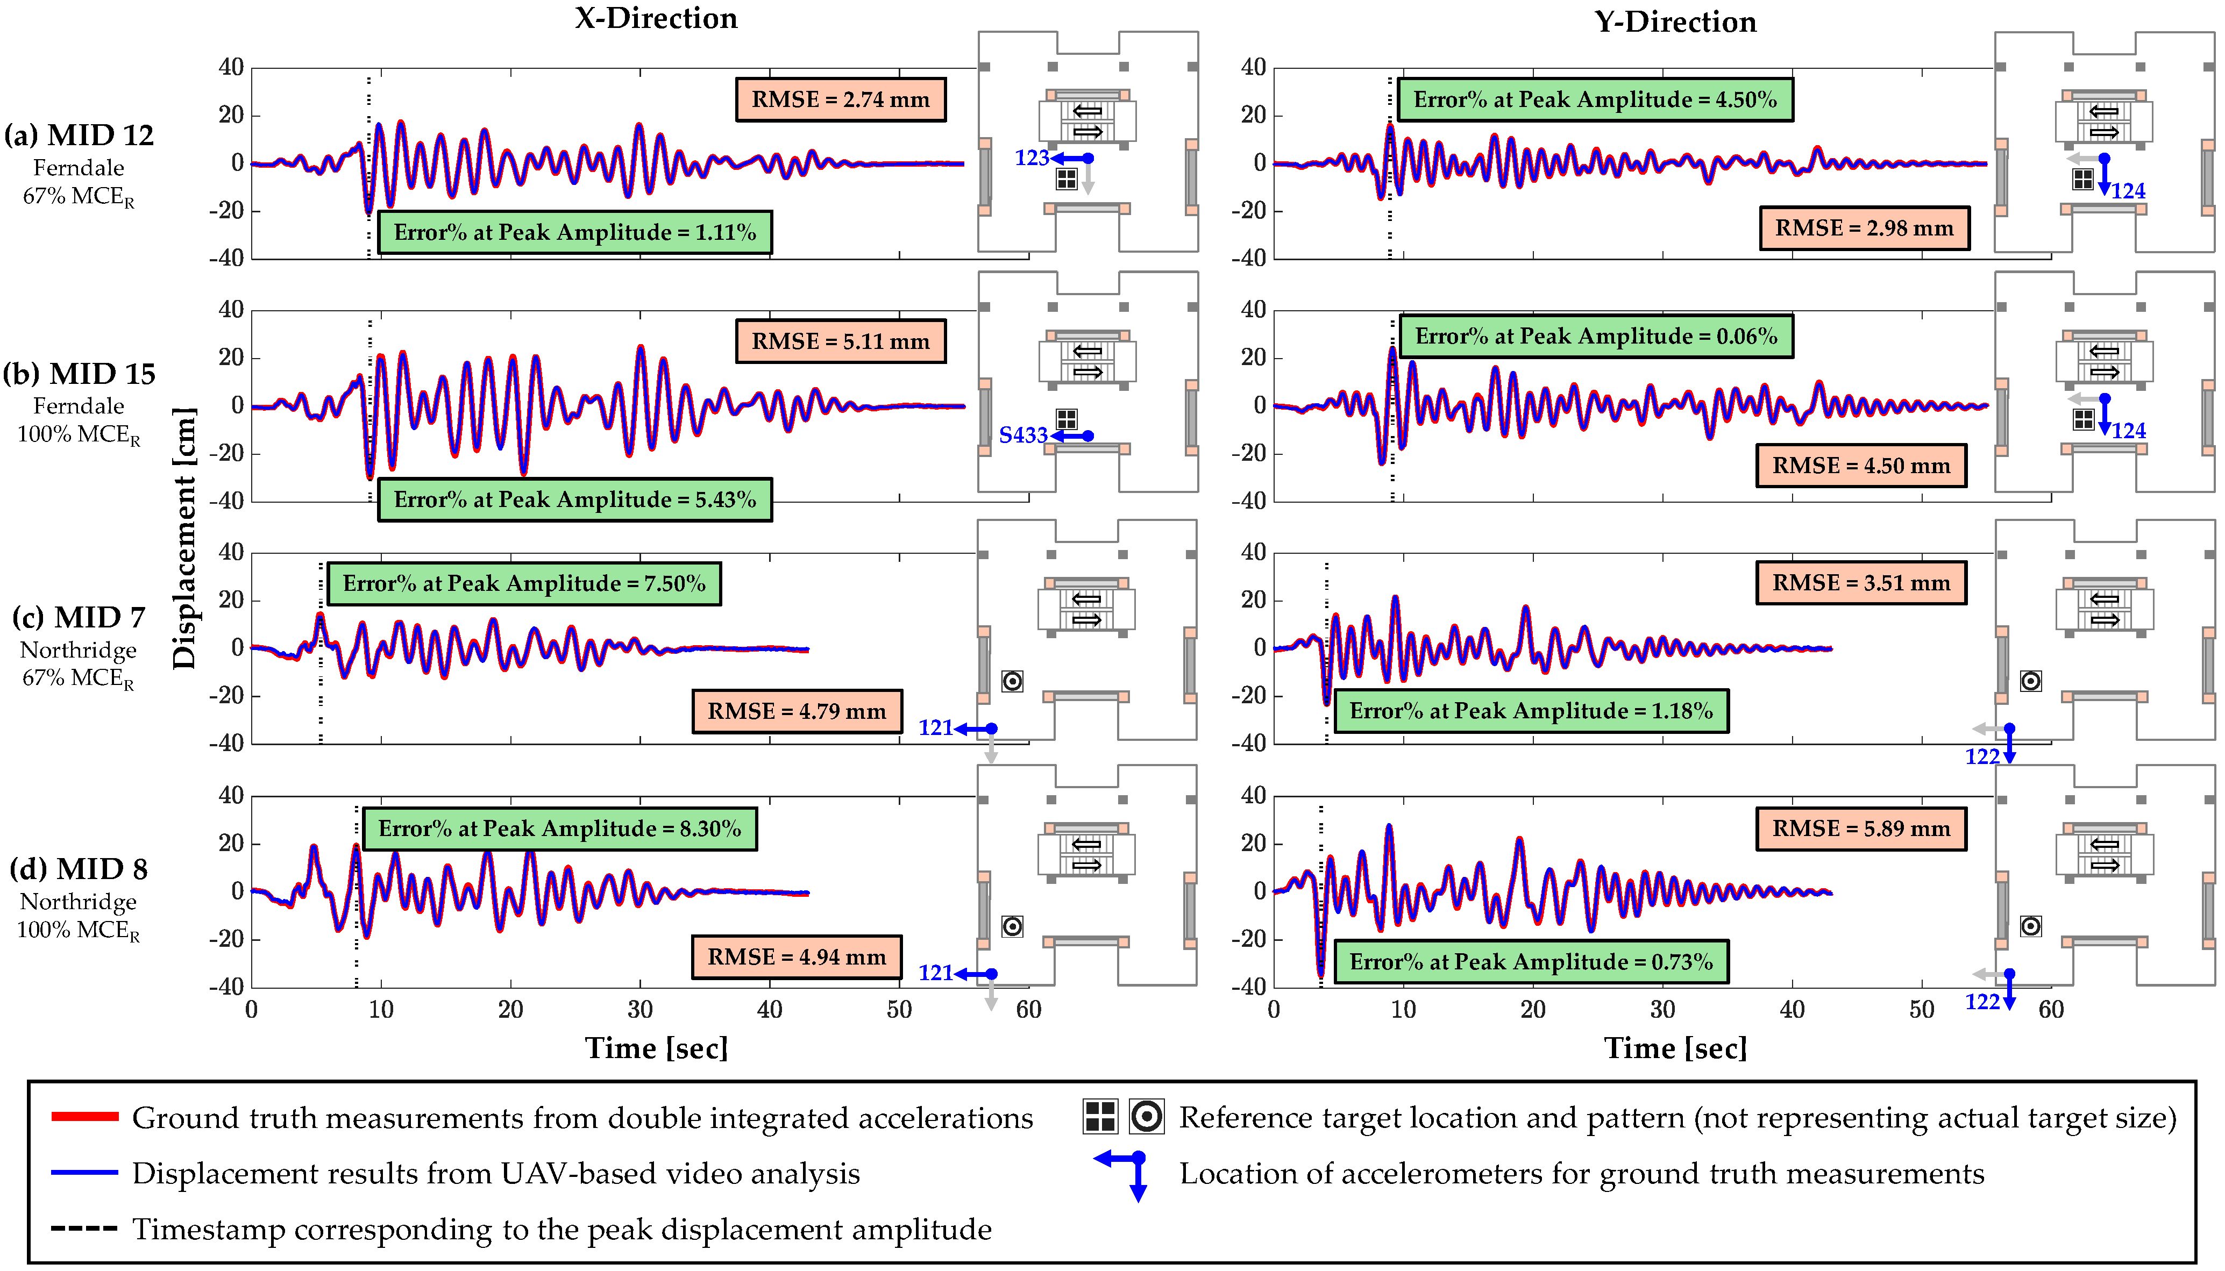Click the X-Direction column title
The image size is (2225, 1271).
(x=656, y=18)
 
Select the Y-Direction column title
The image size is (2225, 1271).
(x=1675, y=22)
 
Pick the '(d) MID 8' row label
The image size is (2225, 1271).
(x=79, y=869)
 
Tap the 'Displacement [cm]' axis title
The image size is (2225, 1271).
(x=184, y=539)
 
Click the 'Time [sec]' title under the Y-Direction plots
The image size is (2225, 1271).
(x=1675, y=1047)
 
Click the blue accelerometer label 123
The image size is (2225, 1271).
(x=1032, y=158)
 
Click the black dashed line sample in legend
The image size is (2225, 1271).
(x=84, y=1228)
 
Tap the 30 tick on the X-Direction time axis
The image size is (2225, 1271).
(x=640, y=1010)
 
